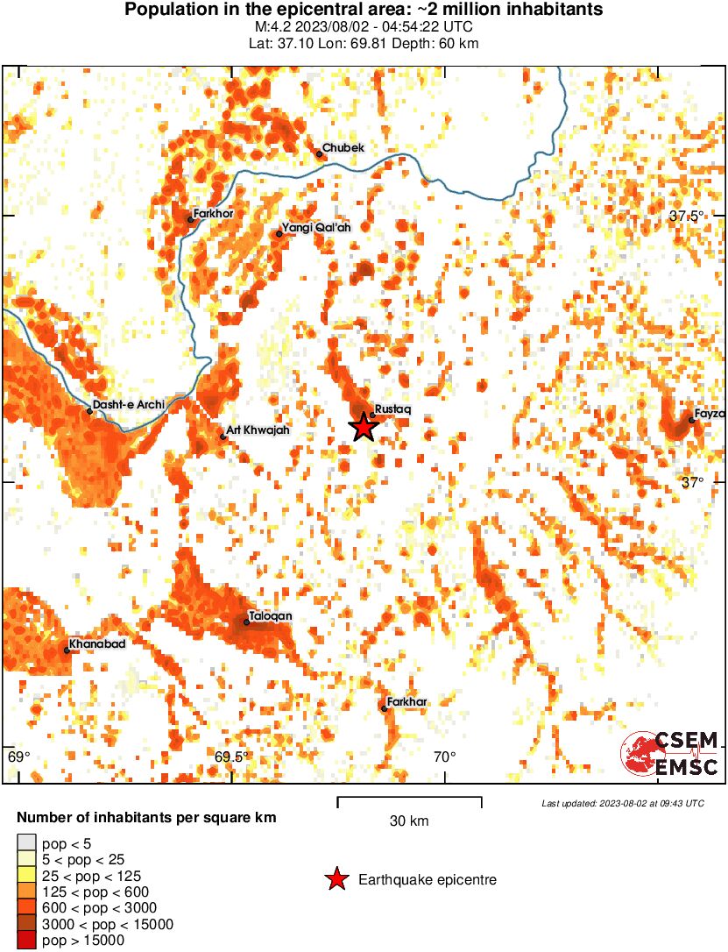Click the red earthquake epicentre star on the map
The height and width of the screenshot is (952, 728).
(x=364, y=427)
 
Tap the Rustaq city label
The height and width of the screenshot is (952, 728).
(x=392, y=409)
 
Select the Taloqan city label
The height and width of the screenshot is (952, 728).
(x=271, y=617)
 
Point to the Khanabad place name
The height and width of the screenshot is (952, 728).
(x=97, y=645)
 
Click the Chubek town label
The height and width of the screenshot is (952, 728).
(x=343, y=148)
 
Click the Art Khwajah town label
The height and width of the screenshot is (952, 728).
(x=258, y=430)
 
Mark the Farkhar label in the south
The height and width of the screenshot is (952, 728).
(x=406, y=701)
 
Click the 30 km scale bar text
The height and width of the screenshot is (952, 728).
(x=409, y=821)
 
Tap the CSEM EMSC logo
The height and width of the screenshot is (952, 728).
(x=670, y=754)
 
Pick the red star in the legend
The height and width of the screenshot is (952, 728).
(x=336, y=879)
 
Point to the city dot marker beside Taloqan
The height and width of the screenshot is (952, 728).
(x=246, y=622)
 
